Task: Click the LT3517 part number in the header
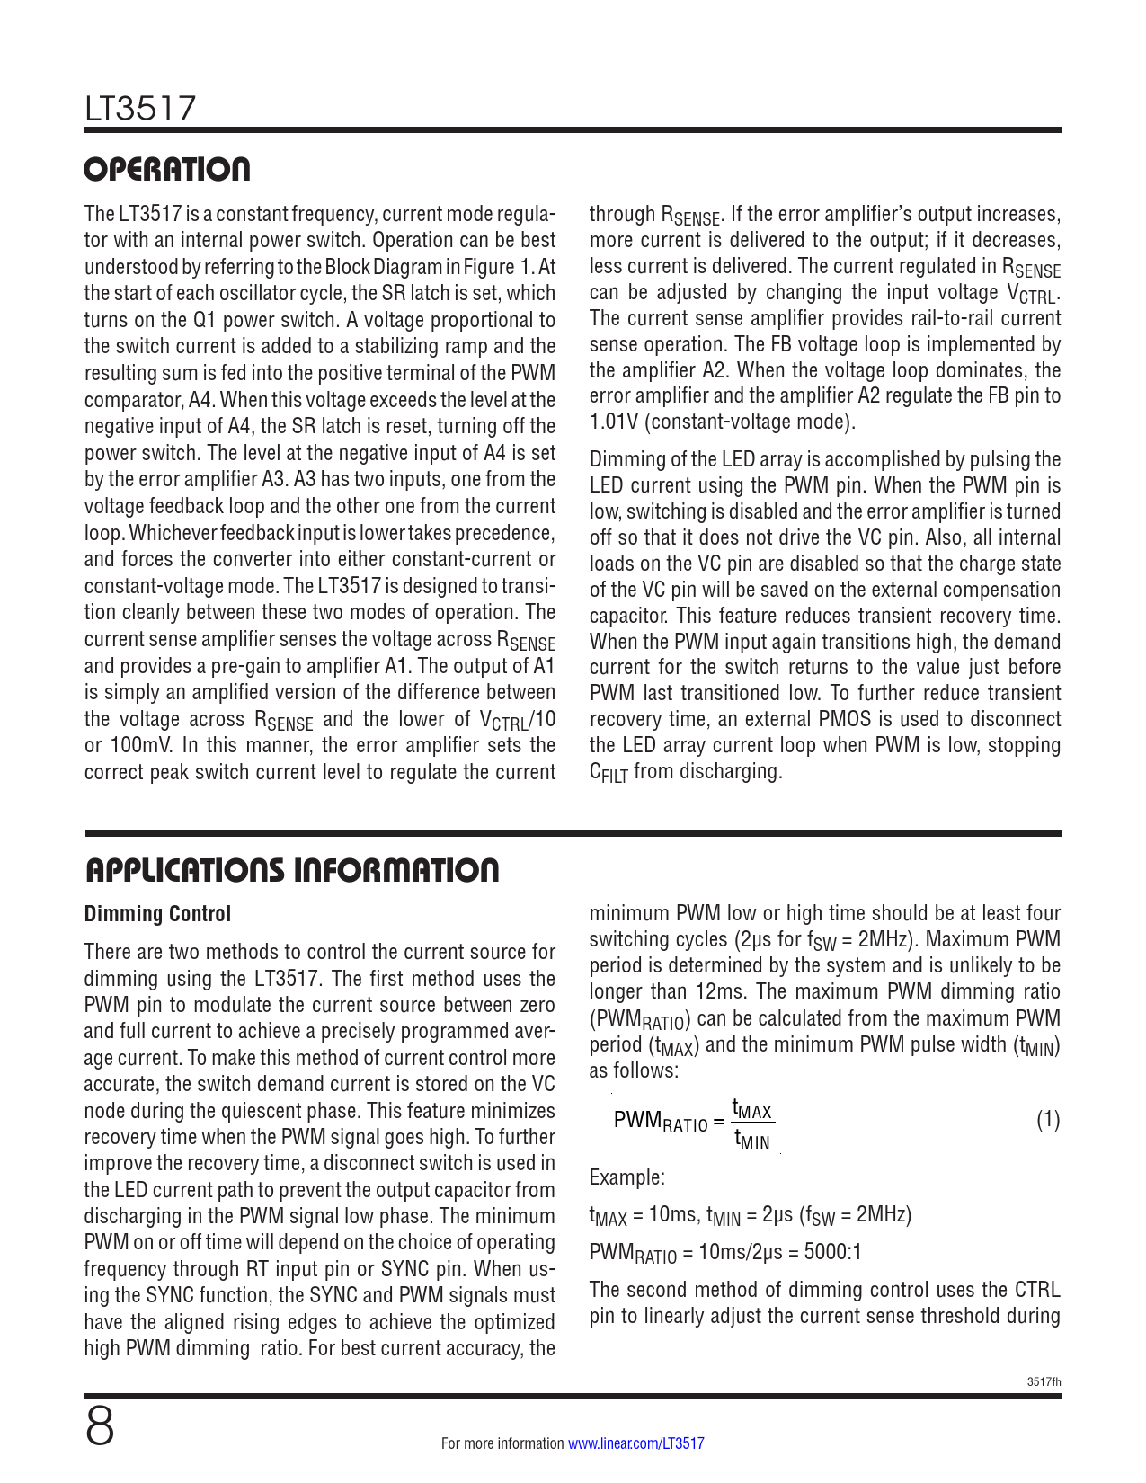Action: coord(140,109)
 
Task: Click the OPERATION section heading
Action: coord(167,169)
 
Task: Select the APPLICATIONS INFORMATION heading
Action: coord(292,870)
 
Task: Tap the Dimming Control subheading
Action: coord(157,914)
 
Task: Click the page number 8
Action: coord(100,1426)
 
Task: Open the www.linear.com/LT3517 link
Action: coord(636,1443)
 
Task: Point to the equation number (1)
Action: coord(1048,1120)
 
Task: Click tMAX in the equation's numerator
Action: coord(752,1109)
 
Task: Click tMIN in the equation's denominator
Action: coord(752,1141)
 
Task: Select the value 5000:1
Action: coord(832,1252)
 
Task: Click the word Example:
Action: coord(627,1177)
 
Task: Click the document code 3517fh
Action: coord(1044,1381)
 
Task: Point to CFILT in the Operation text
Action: coord(609,773)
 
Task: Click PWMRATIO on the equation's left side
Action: coord(661,1122)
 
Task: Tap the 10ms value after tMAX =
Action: coord(672,1215)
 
